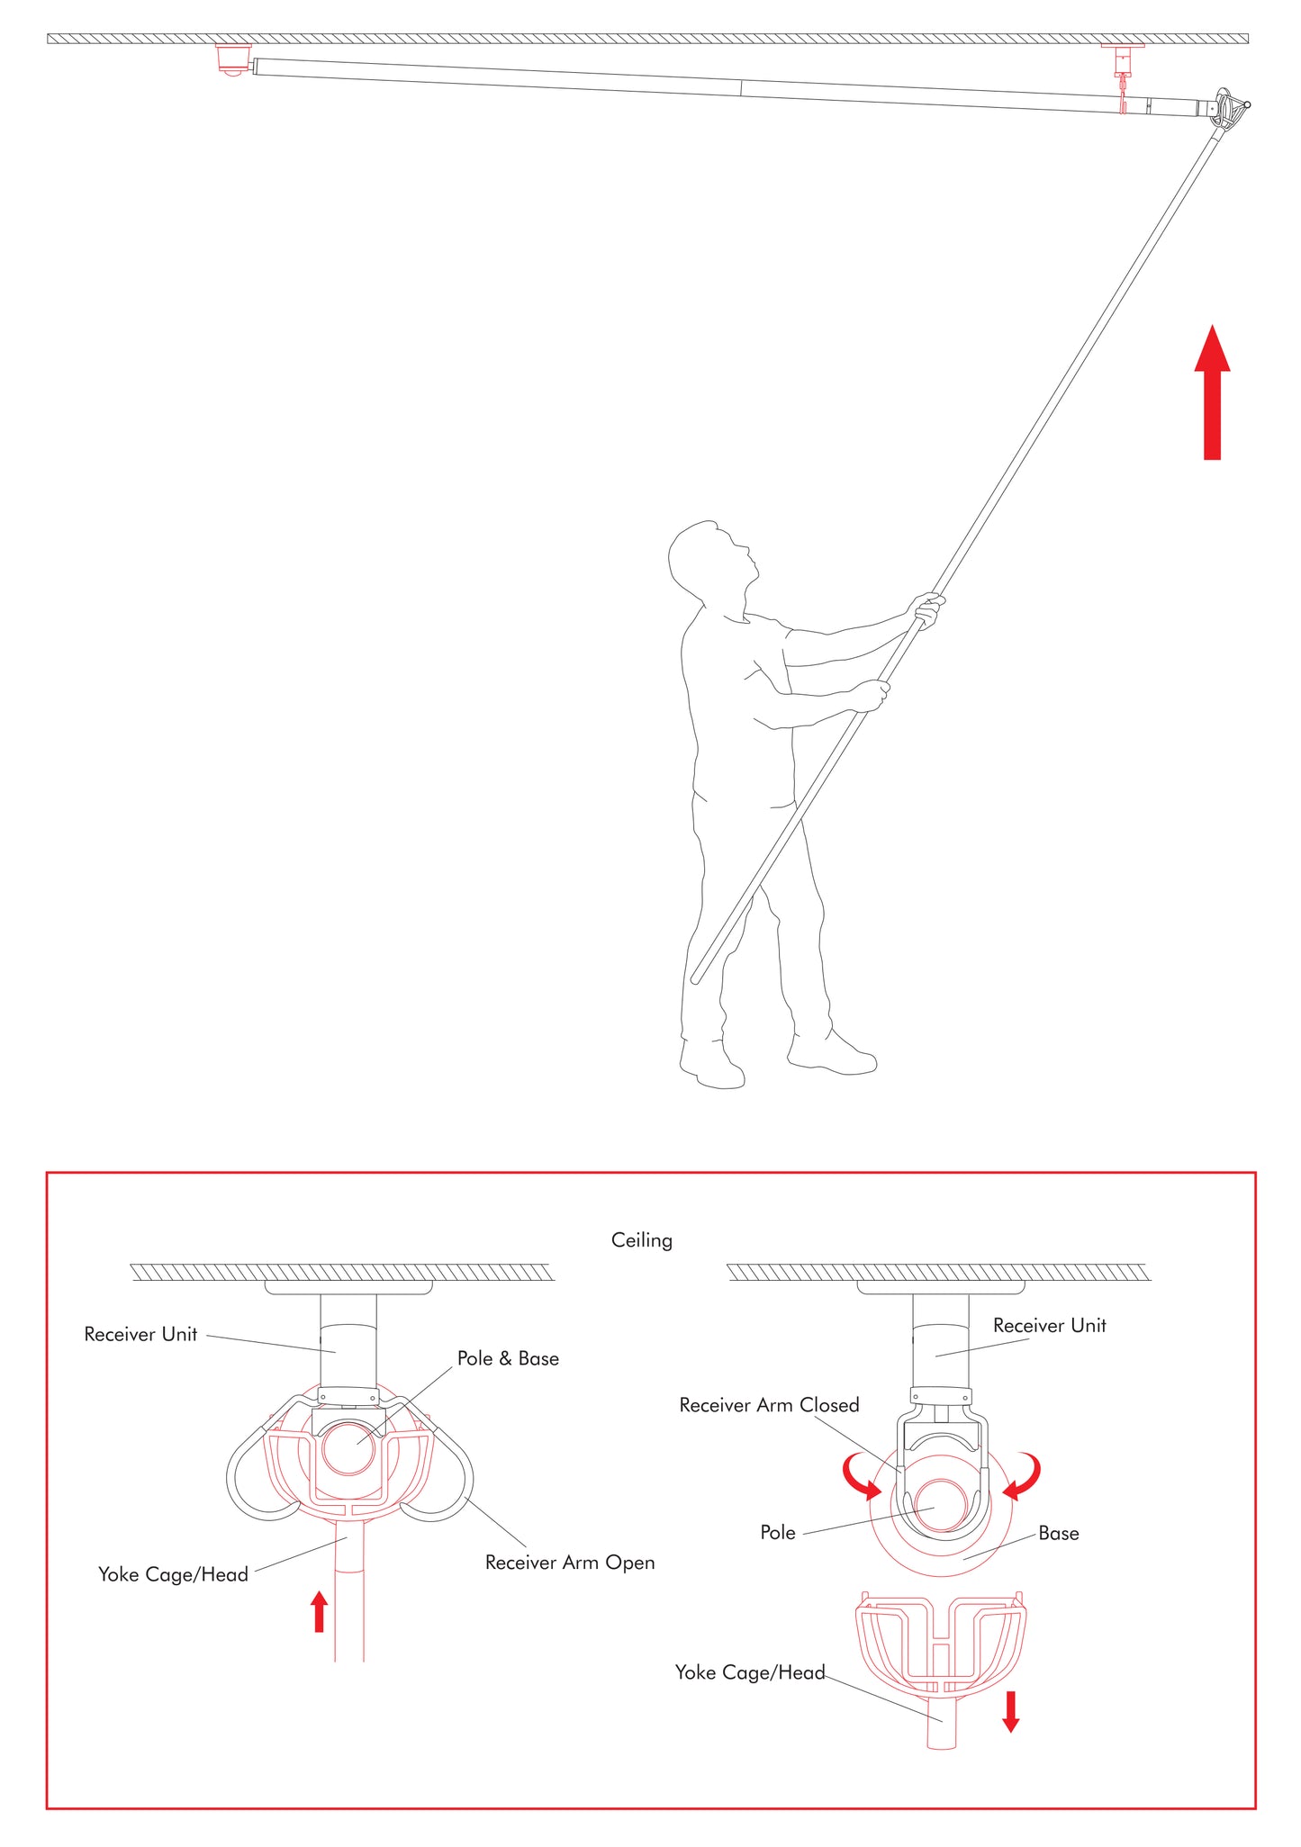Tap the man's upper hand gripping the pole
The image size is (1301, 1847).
tap(927, 612)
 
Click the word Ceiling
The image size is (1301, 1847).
tap(641, 1240)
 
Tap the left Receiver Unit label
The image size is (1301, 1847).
tap(140, 1335)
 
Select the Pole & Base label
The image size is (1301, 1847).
tap(508, 1359)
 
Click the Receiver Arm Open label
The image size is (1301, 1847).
tap(569, 1563)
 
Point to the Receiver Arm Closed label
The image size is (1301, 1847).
tap(769, 1405)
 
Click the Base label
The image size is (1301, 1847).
tap(1058, 1534)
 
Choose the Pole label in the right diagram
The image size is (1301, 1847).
tap(778, 1533)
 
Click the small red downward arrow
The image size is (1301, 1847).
tap(1011, 1711)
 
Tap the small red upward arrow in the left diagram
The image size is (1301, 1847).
tap(319, 1611)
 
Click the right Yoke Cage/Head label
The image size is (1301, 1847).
tap(749, 1672)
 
